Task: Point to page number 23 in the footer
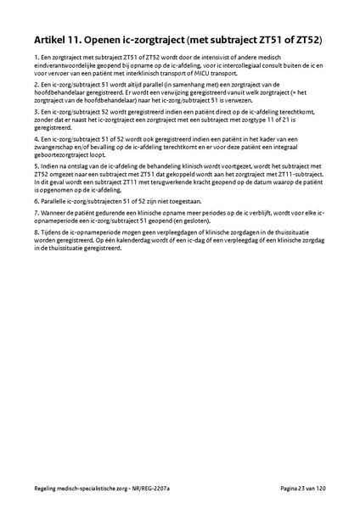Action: (x=302, y=489)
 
